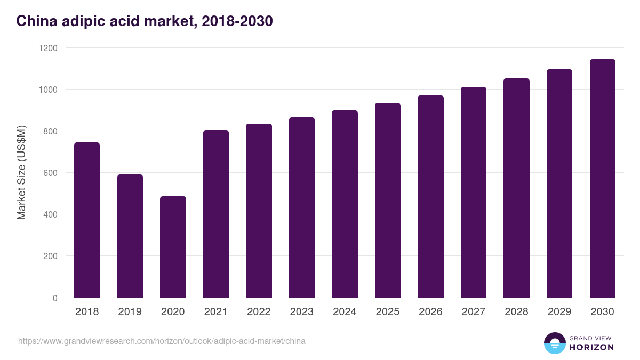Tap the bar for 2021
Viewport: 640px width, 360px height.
pyautogui.click(x=216, y=214)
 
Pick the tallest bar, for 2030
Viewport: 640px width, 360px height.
pyautogui.click(x=603, y=179)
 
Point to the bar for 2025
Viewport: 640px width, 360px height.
pyautogui.click(x=388, y=201)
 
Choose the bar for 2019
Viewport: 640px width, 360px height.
pyautogui.click(x=130, y=236)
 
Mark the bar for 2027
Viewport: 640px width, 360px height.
pyautogui.click(x=474, y=193)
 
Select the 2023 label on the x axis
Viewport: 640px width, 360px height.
pyautogui.click(x=302, y=312)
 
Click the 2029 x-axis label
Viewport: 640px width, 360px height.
pyautogui.click(x=559, y=312)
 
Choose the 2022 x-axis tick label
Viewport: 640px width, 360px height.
pyautogui.click(x=259, y=312)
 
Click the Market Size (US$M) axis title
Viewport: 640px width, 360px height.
pyautogui.click(x=21, y=172)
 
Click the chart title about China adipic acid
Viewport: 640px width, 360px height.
pyautogui.click(x=145, y=21)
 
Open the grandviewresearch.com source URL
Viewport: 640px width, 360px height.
pyautogui.click(x=162, y=341)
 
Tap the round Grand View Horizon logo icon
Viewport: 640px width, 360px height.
pyautogui.click(x=554, y=343)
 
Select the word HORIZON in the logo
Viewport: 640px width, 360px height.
pyautogui.click(x=591, y=347)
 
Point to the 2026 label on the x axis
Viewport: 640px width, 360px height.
pyautogui.click(x=430, y=312)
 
